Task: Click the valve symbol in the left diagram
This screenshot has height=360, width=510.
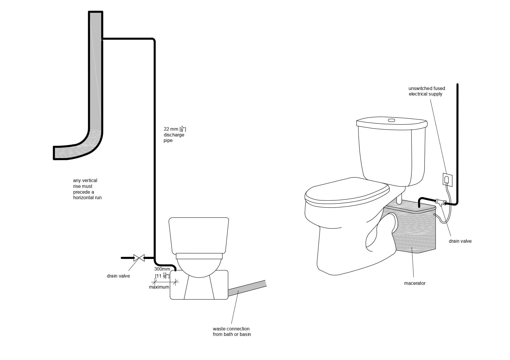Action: click(x=139, y=258)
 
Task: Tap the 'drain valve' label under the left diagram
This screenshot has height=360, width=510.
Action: click(x=118, y=276)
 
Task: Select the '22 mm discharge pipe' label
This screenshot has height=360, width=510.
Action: click(x=174, y=135)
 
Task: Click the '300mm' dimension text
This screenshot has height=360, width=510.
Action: click(x=162, y=269)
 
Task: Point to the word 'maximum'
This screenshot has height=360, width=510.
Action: click(x=159, y=287)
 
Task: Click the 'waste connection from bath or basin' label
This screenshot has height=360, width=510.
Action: click(x=232, y=332)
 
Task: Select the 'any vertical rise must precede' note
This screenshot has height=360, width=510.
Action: click(x=87, y=189)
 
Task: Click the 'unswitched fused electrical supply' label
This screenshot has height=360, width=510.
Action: click(x=427, y=91)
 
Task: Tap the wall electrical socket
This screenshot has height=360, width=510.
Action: click(x=447, y=179)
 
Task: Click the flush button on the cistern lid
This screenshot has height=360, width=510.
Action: click(x=391, y=120)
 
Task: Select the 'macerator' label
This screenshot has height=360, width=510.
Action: click(x=415, y=283)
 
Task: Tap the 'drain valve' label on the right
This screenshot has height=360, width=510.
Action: click(x=460, y=241)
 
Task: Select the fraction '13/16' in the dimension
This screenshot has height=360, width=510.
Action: click(x=165, y=276)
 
